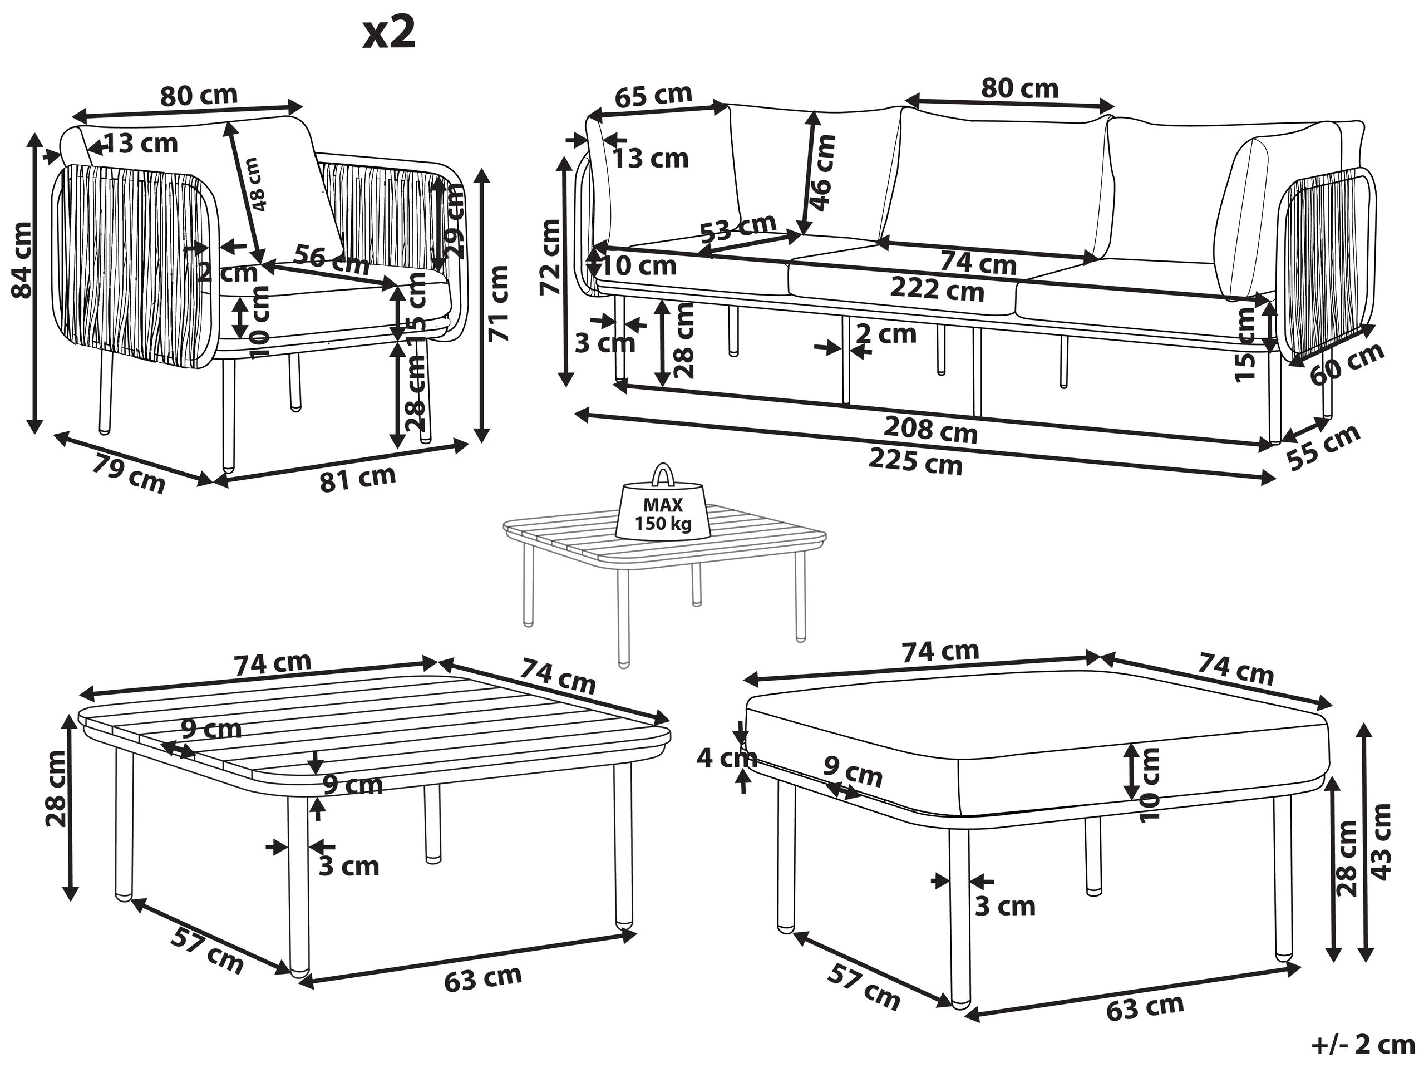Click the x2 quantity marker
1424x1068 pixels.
tap(389, 34)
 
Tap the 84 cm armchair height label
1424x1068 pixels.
tap(22, 259)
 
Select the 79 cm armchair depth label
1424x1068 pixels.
tap(129, 473)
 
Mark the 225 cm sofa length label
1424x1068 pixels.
tap(915, 461)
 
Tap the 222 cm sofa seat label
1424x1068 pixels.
tap(937, 291)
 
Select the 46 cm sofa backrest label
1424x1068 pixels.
tap(822, 173)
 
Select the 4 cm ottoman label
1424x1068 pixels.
tap(726, 759)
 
